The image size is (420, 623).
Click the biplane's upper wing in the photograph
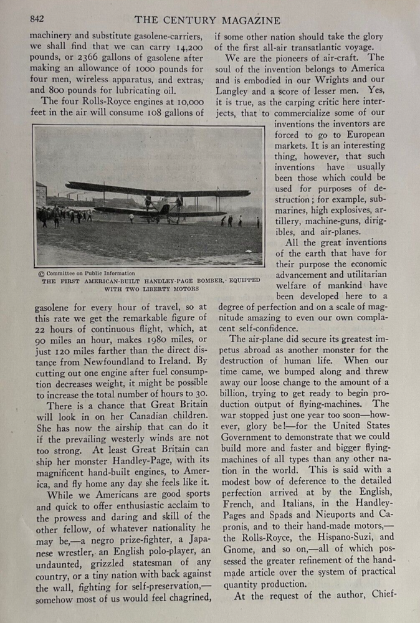[x=156, y=189]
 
